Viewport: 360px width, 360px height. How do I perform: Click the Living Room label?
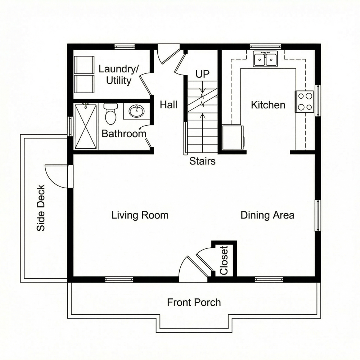click(x=140, y=215)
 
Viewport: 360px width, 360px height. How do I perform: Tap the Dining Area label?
click(x=267, y=215)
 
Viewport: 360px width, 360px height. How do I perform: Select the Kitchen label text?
click(x=268, y=105)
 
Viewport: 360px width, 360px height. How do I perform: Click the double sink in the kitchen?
click(x=265, y=59)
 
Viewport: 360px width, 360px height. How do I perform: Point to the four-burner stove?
click(x=305, y=102)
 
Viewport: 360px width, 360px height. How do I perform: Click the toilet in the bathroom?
click(x=111, y=113)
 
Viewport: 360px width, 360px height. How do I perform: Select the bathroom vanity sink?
click(x=136, y=111)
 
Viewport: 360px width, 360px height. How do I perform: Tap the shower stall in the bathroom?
click(x=86, y=126)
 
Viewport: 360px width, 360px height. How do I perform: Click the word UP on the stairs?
click(x=202, y=75)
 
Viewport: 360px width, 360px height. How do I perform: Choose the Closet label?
click(x=224, y=260)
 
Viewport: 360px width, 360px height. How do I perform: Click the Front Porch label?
click(x=194, y=302)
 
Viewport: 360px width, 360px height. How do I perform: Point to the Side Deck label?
click(x=41, y=208)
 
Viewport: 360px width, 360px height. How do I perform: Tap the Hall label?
click(x=168, y=105)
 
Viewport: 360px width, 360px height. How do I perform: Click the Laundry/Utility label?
click(x=118, y=75)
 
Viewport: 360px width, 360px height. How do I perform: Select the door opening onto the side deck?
click(x=58, y=176)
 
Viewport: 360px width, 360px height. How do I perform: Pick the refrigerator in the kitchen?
click(x=232, y=137)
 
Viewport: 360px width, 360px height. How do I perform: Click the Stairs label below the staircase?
click(x=202, y=161)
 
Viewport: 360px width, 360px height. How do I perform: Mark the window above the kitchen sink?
click(x=265, y=46)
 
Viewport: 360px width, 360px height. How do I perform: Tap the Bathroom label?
click(x=124, y=134)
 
